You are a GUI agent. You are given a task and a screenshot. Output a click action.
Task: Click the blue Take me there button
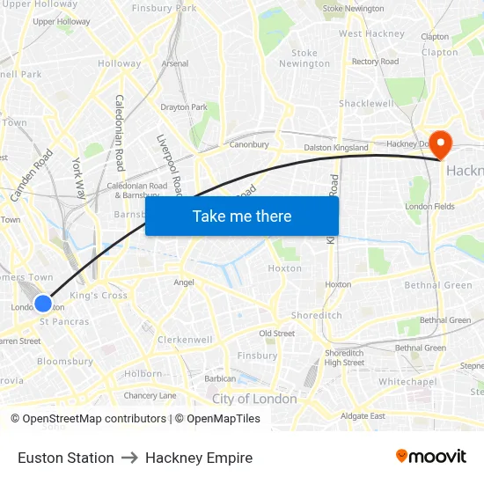(242, 216)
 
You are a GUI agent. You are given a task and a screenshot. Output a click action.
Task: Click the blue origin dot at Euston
(43, 304)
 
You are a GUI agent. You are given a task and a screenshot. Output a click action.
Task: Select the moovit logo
(430, 456)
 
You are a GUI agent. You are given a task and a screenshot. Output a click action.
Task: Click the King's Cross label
(99, 296)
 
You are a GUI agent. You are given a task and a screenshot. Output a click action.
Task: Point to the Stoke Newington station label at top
(353, 9)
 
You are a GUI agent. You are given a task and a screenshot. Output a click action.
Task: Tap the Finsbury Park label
(164, 8)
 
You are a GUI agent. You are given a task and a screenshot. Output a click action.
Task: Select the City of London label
(254, 399)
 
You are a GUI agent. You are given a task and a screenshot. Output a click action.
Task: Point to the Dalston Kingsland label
(336, 148)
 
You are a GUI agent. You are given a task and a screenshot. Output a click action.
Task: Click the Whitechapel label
(407, 382)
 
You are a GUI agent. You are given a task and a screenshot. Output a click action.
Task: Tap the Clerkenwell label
(185, 340)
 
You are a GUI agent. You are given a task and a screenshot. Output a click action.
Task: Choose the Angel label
(184, 282)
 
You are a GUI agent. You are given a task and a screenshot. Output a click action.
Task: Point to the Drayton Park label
(184, 107)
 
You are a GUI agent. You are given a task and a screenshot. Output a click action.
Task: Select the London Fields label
(429, 206)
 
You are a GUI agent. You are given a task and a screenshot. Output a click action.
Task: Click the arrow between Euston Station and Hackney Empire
(129, 458)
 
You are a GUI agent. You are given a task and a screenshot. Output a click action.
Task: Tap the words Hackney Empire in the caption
(199, 458)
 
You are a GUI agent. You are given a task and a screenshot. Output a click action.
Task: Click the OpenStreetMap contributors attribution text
(94, 419)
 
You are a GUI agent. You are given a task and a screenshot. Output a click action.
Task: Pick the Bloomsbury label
(65, 361)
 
